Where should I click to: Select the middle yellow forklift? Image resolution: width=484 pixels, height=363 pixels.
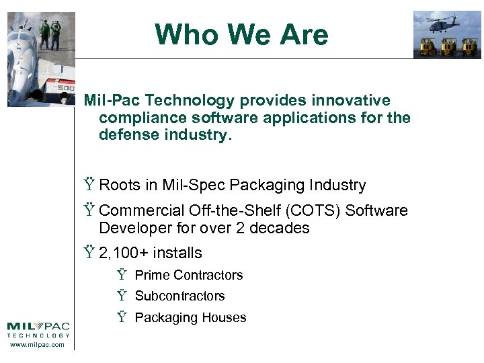[448, 46]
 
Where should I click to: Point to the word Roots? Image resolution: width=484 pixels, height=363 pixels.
[119, 186]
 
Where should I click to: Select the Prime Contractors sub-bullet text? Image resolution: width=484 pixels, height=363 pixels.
[189, 275]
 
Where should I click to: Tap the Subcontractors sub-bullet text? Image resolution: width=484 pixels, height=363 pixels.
[180, 296]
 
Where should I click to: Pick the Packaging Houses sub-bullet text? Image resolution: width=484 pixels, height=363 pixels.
[191, 318]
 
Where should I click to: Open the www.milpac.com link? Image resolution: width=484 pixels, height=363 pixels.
[38, 345]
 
